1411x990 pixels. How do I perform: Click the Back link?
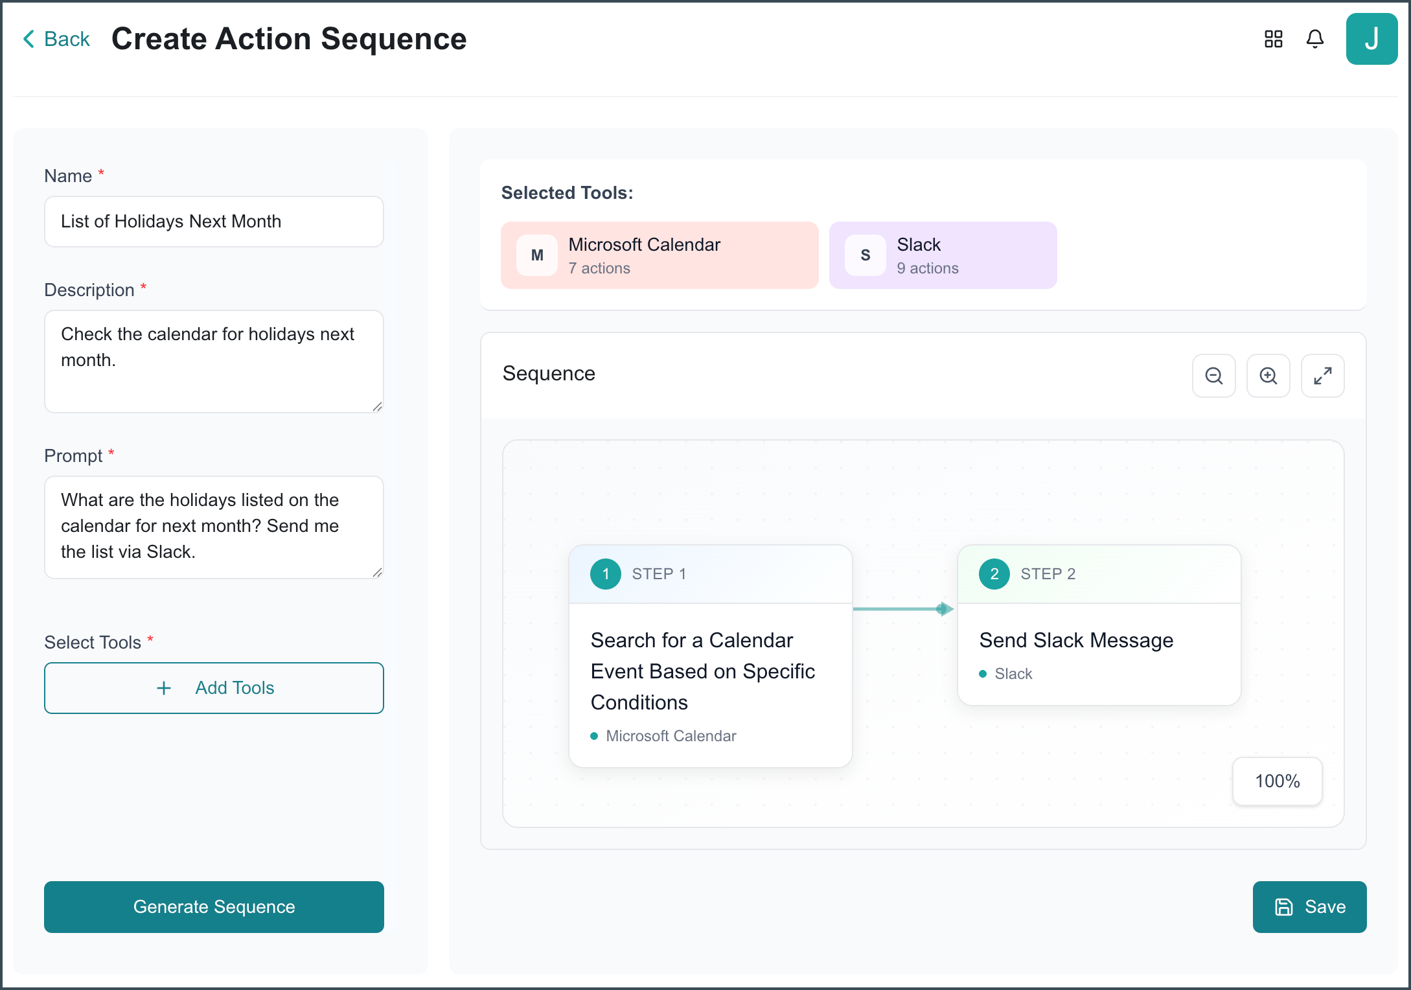pyautogui.click(x=56, y=39)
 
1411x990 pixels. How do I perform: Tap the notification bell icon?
pyautogui.click(x=1314, y=39)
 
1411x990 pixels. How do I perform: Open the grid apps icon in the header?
pyautogui.click(x=1273, y=39)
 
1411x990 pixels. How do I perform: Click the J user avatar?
pyautogui.click(x=1371, y=39)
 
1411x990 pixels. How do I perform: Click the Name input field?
pyautogui.click(x=214, y=222)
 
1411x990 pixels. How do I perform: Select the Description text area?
pyautogui.click(x=214, y=362)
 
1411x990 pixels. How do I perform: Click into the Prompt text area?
pyautogui.click(x=214, y=527)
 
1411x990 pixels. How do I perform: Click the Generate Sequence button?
pyautogui.click(x=214, y=906)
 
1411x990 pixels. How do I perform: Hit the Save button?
pyautogui.click(x=1309, y=906)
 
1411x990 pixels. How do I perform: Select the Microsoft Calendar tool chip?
pyautogui.click(x=660, y=255)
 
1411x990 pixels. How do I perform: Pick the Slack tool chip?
pyautogui.click(x=943, y=255)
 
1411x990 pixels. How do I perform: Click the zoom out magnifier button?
pyautogui.click(x=1213, y=376)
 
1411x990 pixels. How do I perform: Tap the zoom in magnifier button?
pyautogui.click(x=1268, y=376)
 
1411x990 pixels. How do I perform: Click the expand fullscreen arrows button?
pyautogui.click(x=1322, y=376)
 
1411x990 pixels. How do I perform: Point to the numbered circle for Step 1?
pyautogui.click(x=606, y=574)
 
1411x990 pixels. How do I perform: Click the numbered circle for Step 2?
pyautogui.click(x=994, y=574)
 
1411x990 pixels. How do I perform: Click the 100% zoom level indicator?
pyautogui.click(x=1278, y=781)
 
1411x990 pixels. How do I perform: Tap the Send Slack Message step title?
pyautogui.click(x=1076, y=640)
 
